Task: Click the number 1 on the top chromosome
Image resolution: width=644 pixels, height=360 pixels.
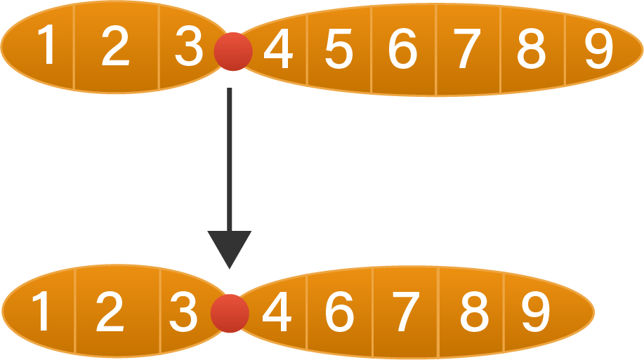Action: pyautogui.click(x=47, y=46)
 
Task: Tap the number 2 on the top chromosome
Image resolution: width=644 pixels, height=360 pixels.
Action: pyautogui.click(x=115, y=47)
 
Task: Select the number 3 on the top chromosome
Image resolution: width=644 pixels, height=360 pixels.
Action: pyautogui.click(x=188, y=47)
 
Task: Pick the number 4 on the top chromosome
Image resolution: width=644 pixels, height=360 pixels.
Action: pyautogui.click(x=278, y=50)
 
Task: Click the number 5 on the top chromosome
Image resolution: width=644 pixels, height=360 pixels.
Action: pyautogui.click(x=339, y=51)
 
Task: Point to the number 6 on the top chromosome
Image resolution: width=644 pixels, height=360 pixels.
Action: pyautogui.click(x=402, y=51)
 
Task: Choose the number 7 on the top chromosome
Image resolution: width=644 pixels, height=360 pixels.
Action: pyautogui.click(x=467, y=51)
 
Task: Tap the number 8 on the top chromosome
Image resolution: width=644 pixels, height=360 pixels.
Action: pyautogui.click(x=531, y=51)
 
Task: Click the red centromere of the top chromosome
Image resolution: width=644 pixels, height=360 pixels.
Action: pyautogui.click(x=233, y=51)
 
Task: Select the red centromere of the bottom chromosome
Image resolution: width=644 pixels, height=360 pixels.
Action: pyautogui.click(x=230, y=313)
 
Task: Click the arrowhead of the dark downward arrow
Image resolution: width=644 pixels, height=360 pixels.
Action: pyautogui.click(x=229, y=248)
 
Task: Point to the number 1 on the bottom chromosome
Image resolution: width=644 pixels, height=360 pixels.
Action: pyautogui.click(x=42, y=313)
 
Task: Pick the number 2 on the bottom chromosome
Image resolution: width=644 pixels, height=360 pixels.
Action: pyautogui.click(x=109, y=313)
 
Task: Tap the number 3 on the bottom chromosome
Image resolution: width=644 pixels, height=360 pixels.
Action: pyautogui.click(x=183, y=313)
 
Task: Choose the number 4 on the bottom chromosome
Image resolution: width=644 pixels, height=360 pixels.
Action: pyautogui.click(x=276, y=313)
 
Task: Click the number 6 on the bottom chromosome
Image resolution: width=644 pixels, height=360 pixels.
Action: pyautogui.click(x=339, y=313)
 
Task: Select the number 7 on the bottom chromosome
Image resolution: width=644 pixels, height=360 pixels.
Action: pyautogui.click(x=405, y=313)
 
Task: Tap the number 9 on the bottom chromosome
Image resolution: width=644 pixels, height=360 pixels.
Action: pyautogui.click(x=536, y=313)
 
